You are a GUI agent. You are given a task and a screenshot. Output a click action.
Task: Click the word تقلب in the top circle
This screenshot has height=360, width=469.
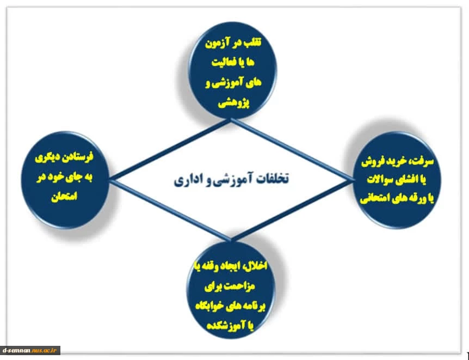click(x=251, y=42)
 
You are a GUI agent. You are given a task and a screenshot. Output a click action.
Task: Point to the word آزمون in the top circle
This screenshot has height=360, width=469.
click(x=216, y=44)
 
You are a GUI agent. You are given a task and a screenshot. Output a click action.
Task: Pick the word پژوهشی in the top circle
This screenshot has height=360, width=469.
click(x=234, y=103)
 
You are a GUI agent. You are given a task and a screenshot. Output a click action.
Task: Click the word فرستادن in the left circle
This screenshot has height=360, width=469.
click(x=78, y=157)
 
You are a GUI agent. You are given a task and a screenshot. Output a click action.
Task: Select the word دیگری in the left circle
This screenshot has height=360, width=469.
click(x=47, y=157)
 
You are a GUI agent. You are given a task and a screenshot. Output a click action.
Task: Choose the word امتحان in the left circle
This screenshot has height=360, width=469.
click(x=64, y=196)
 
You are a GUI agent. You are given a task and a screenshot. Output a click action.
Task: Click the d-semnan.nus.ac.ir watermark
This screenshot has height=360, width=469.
click(x=30, y=350)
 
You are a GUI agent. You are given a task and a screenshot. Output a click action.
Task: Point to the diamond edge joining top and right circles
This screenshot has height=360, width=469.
click(x=291, y=149)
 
